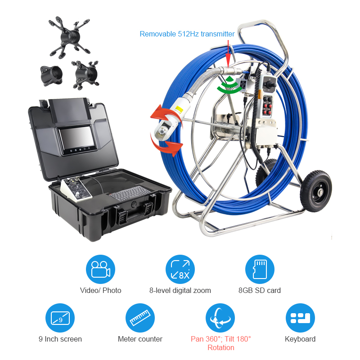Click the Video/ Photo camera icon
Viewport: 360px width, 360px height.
pyautogui.click(x=100, y=269)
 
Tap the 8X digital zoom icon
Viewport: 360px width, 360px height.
pyautogui.click(x=180, y=269)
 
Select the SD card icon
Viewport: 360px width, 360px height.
pyautogui.click(x=260, y=269)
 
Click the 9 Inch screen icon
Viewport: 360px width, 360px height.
pyautogui.click(x=60, y=318)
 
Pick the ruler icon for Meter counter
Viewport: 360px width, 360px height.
pyautogui.click(x=140, y=318)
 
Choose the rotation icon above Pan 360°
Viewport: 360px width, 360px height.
pyautogui.click(x=220, y=318)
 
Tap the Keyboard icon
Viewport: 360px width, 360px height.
pyautogui.click(x=300, y=318)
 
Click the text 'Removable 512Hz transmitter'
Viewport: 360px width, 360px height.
pyautogui.click(x=187, y=34)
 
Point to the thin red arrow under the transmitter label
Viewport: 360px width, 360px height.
pyautogui.click(x=228, y=53)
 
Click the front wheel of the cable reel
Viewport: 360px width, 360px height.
pyautogui.click(x=316, y=191)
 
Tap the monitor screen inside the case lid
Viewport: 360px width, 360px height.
pyautogui.click(x=77, y=139)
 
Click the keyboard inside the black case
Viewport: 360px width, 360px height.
pyautogui.click(x=130, y=193)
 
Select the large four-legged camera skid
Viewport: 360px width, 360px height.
pyautogui.click(x=69, y=37)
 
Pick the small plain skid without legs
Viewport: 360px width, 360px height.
pyautogui.click(x=51, y=76)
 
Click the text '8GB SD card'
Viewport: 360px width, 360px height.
pyautogui.click(x=260, y=290)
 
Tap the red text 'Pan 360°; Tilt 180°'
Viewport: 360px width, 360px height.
pyautogui.click(x=220, y=339)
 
